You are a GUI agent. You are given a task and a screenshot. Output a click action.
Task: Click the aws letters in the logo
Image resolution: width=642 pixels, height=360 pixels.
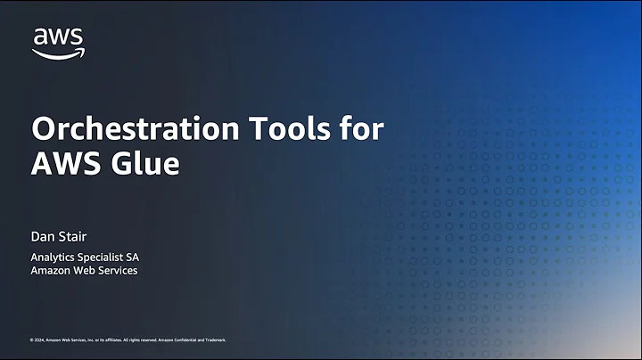[58, 37]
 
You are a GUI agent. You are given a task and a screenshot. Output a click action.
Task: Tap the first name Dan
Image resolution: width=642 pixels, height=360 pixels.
[43, 236]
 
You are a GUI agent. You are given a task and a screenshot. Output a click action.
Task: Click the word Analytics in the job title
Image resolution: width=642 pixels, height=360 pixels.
[55, 258]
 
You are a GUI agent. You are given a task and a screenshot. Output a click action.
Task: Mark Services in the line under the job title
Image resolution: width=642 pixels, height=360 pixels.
[119, 270]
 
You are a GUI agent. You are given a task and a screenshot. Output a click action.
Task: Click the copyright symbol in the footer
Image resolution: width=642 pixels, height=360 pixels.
[32, 340]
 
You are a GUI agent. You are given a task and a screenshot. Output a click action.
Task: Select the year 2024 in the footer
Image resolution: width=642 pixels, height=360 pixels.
[39, 340]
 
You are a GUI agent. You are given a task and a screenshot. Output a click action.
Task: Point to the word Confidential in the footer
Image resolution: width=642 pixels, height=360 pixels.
[192, 340]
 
